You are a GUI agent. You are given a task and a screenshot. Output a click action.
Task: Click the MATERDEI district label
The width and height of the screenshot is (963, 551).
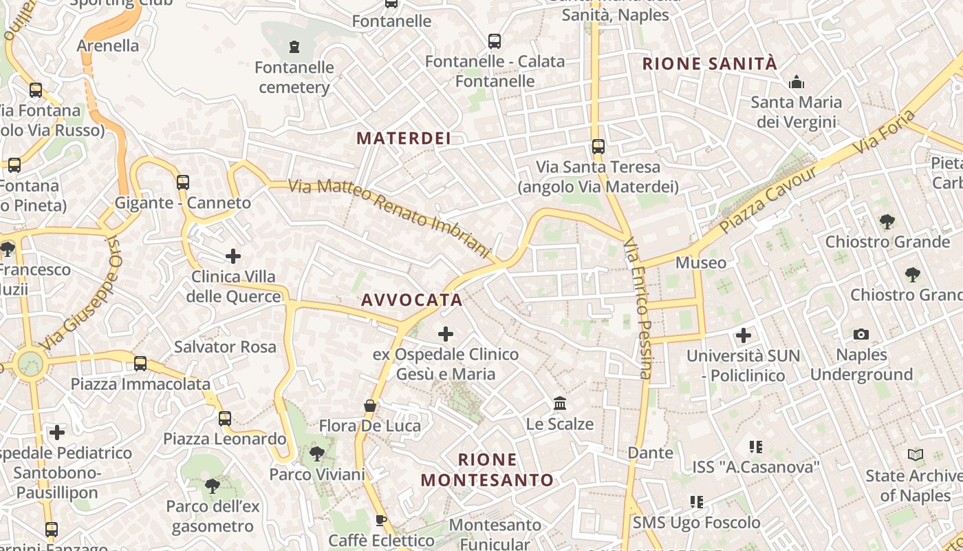point(404,138)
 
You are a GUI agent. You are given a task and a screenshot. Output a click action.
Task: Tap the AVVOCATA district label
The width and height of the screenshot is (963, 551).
point(411,300)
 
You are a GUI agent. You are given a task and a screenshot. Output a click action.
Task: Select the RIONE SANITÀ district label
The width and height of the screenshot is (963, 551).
point(709,64)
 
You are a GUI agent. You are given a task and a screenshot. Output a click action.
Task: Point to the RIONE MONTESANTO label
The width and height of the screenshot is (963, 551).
point(487,470)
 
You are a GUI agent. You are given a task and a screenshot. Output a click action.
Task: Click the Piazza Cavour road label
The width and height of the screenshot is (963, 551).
point(768,200)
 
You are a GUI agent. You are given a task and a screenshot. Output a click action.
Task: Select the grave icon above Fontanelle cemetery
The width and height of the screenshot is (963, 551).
point(295,47)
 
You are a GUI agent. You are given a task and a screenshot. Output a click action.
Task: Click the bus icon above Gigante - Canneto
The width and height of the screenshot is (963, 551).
point(182,183)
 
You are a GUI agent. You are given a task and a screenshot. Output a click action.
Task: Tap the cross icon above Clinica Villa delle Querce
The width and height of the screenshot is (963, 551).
point(233,256)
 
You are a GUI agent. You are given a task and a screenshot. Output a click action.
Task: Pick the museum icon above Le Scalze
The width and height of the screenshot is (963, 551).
point(560,403)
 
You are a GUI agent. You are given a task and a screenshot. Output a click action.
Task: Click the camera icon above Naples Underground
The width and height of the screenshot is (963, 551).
point(861,335)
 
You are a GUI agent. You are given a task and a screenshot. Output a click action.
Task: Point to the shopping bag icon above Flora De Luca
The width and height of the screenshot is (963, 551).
point(370,406)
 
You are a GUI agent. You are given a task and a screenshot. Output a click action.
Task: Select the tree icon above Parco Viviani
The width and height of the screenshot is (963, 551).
point(317,454)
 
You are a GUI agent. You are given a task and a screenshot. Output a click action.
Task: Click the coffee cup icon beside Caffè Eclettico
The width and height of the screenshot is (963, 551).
point(380,521)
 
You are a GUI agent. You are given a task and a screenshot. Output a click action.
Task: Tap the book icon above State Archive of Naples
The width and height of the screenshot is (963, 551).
point(915,455)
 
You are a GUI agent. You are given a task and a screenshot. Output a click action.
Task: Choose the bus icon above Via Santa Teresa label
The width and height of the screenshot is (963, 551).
point(598,147)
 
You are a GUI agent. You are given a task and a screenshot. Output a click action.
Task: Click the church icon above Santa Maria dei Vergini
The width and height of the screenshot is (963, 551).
point(797,83)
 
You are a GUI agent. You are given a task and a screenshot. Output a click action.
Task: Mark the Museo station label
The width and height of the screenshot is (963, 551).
point(700,262)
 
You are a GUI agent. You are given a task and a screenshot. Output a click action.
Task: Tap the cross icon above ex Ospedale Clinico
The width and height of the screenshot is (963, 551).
point(446,334)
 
